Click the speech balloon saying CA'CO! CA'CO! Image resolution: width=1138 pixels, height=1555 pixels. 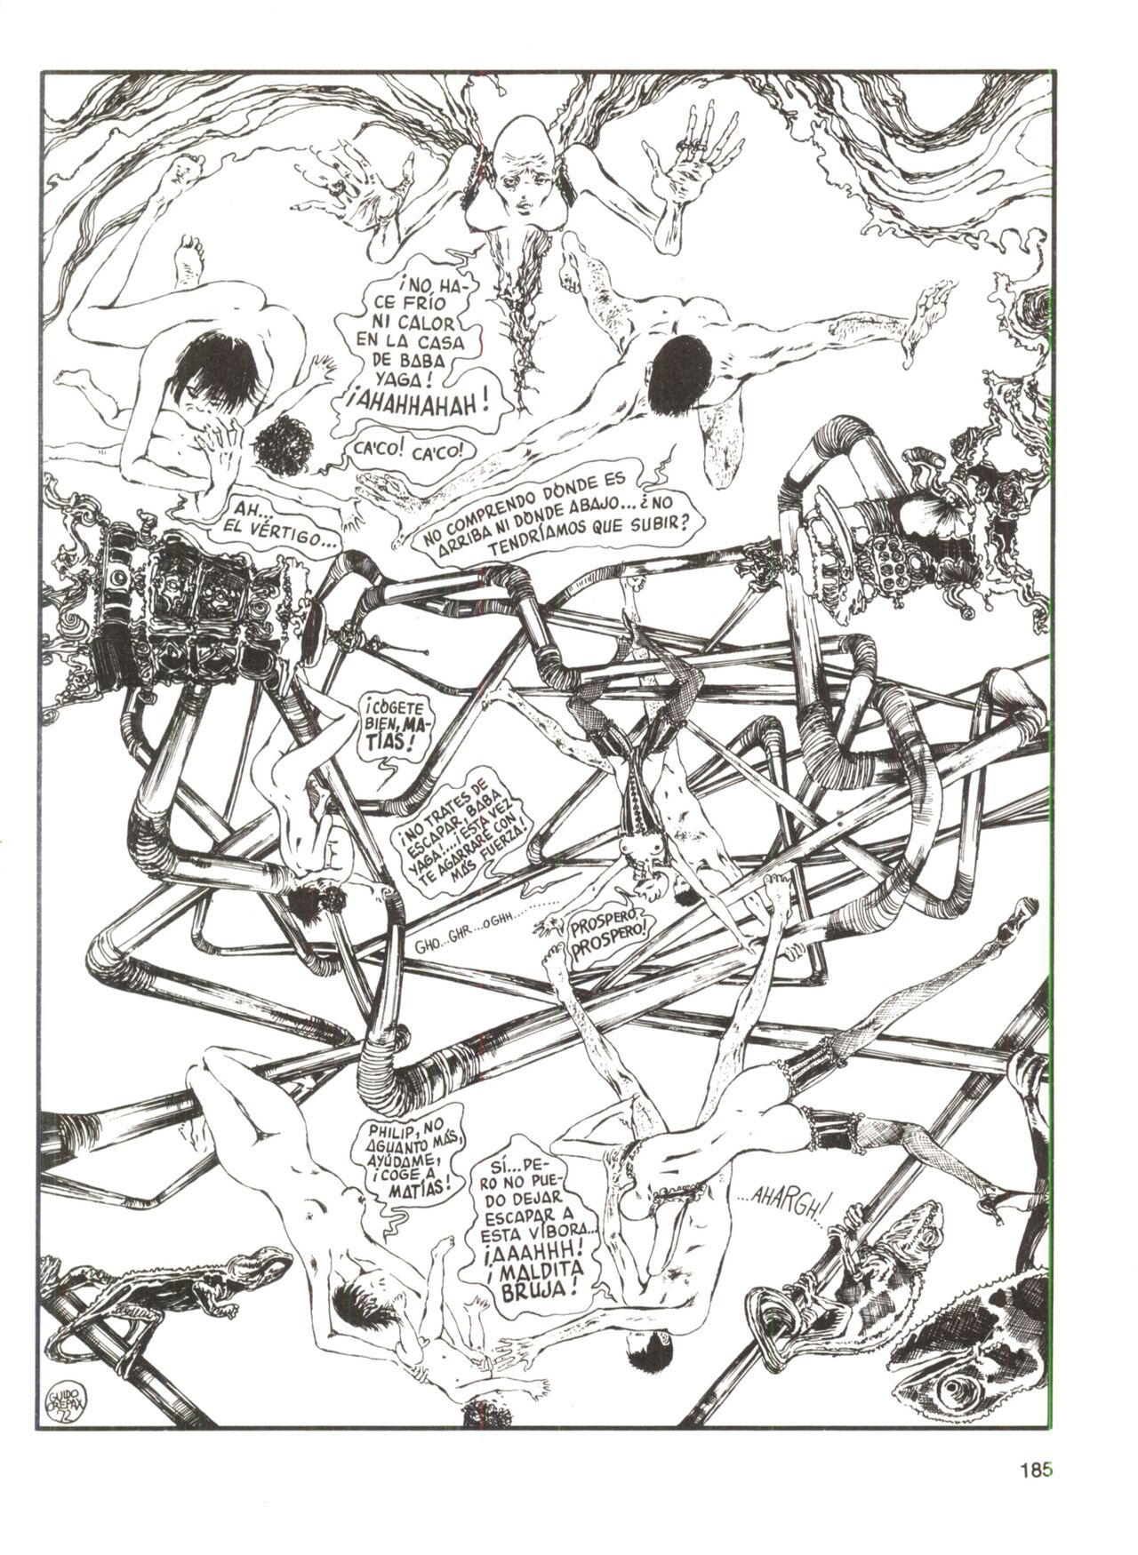click(x=405, y=451)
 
